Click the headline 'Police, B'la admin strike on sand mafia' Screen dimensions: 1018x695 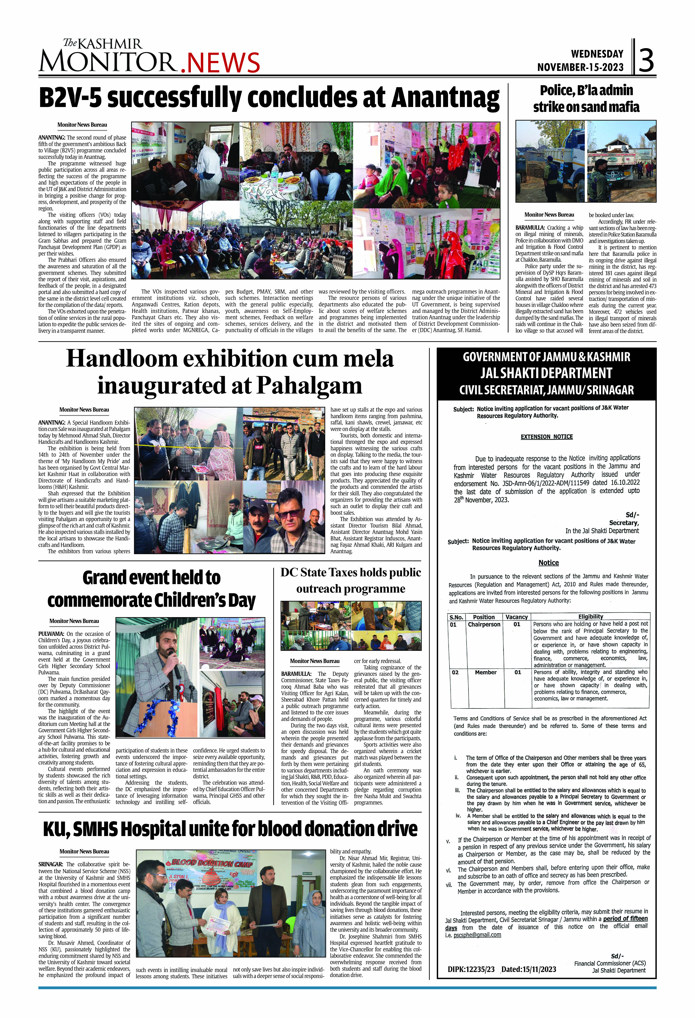pos(586,99)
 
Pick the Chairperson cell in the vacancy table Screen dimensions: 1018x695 pos(484,624)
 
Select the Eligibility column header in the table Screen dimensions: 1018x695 pos(590,616)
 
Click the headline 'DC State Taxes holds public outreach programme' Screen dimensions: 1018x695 pos(351,580)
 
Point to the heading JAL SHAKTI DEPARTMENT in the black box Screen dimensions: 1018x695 pos(547,373)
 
